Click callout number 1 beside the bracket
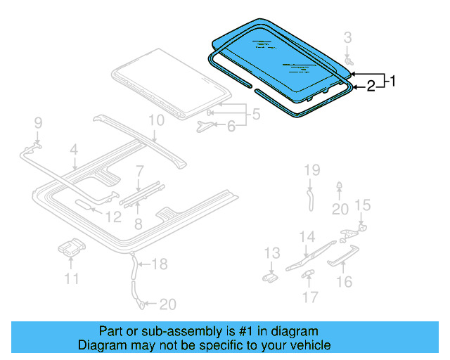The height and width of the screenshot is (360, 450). pyautogui.click(x=392, y=82)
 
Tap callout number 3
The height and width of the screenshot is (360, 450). pyautogui.click(x=347, y=37)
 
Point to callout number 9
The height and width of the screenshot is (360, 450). pyautogui.click(x=38, y=124)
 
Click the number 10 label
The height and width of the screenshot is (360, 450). pyautogui.click(x=156, y=120)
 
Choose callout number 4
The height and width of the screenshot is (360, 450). pyautogui.click(x=73, y=149)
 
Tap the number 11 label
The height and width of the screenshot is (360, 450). pyautogui.click(x=72, y=279)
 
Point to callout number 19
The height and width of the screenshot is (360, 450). pyautogui.click(x=311, y=169)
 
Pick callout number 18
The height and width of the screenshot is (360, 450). pyautogui.click(x=160, y=264)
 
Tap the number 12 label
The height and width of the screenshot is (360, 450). pyautogui.click(x=113, y=218)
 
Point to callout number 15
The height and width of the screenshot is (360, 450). pyautogui.click(x=361, y=205)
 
